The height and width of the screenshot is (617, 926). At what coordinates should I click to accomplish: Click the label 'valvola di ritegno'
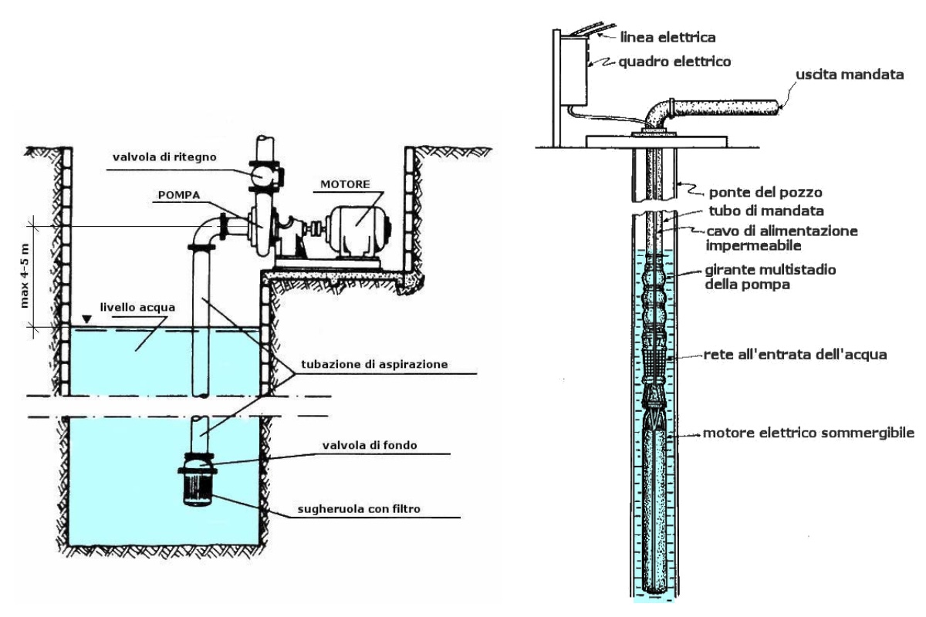tap(164, 157)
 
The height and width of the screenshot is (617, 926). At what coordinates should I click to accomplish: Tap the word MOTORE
tap(345, 184)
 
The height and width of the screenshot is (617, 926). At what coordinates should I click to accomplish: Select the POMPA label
tap(179, 195)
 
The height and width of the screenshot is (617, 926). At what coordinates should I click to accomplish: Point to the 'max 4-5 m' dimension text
tap(25, 276)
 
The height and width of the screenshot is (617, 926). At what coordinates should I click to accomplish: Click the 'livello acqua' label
tap(137, 308)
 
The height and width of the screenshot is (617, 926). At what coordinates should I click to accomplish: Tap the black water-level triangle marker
tap(86, 319)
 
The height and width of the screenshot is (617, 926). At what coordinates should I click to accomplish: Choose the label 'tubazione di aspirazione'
tap(374, 365)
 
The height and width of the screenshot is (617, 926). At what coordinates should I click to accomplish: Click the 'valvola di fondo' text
tap(370, 445)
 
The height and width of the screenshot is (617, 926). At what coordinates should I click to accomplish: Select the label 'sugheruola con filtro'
tap(359, 509)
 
